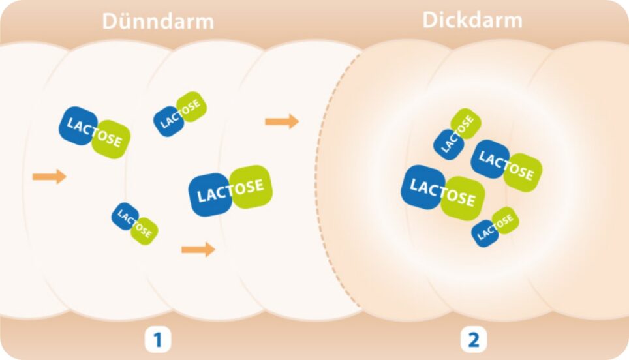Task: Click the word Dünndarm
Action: click(x=158, y=21)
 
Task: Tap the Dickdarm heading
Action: click(x=472, y=20)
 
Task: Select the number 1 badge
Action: click(x=157, y=339)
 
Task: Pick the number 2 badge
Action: click(x=472, y=339)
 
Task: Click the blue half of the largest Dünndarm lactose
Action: click(x=211, y=194)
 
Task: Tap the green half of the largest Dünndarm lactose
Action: click(x=251, y=187)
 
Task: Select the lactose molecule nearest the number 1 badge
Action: click(x=134, y=224)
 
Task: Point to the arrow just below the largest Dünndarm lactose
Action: click(x=198, y=249)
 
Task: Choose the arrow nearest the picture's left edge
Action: click(x=50, y=176)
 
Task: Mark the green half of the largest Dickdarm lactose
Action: click(x=462, y=198)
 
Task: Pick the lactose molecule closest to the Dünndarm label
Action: click(x=180, y=113)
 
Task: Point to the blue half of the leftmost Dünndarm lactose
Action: click(x=78, y=125)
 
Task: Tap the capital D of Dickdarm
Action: click(x=431, y=20)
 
